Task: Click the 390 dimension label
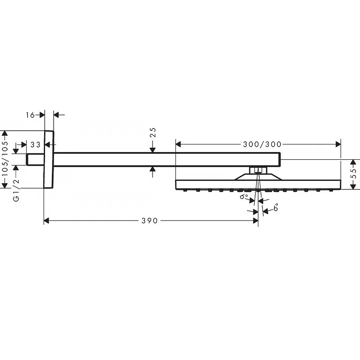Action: (149, 221)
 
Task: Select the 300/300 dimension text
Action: (262, 144)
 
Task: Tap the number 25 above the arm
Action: (153, 132)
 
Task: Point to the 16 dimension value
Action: (30, 115)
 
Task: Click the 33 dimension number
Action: (36, 144)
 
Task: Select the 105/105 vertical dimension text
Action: (5, 158)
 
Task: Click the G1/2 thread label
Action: (16, 190)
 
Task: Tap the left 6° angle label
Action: (244, 197)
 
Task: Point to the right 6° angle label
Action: (276, 207)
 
